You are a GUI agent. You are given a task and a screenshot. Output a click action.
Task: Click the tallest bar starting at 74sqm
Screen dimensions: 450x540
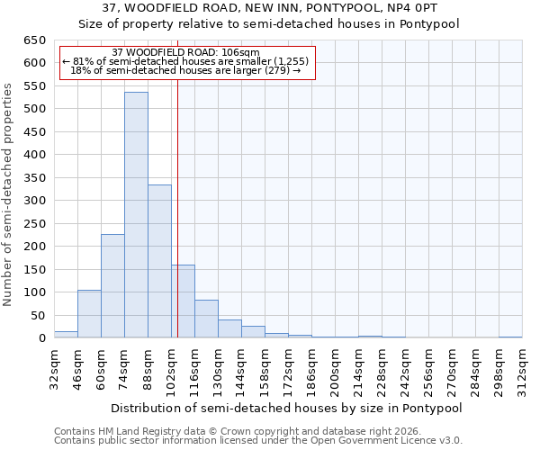click(136, 215)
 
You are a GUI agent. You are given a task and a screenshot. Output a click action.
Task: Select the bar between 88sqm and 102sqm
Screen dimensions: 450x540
click(159, 261)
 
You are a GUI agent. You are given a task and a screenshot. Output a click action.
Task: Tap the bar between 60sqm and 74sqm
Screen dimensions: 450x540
click(112, 286)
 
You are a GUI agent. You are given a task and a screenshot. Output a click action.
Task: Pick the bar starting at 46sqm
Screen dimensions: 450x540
click(89, 314)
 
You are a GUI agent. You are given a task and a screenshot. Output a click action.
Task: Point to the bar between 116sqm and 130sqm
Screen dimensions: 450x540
click(206, 319)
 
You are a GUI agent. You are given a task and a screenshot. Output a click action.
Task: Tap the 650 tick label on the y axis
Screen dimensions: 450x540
click(34, 40)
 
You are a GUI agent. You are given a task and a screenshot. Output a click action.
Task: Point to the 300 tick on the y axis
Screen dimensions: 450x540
click(34, 201)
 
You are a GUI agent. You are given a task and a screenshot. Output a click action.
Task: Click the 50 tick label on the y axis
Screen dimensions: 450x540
click(38, 315)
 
